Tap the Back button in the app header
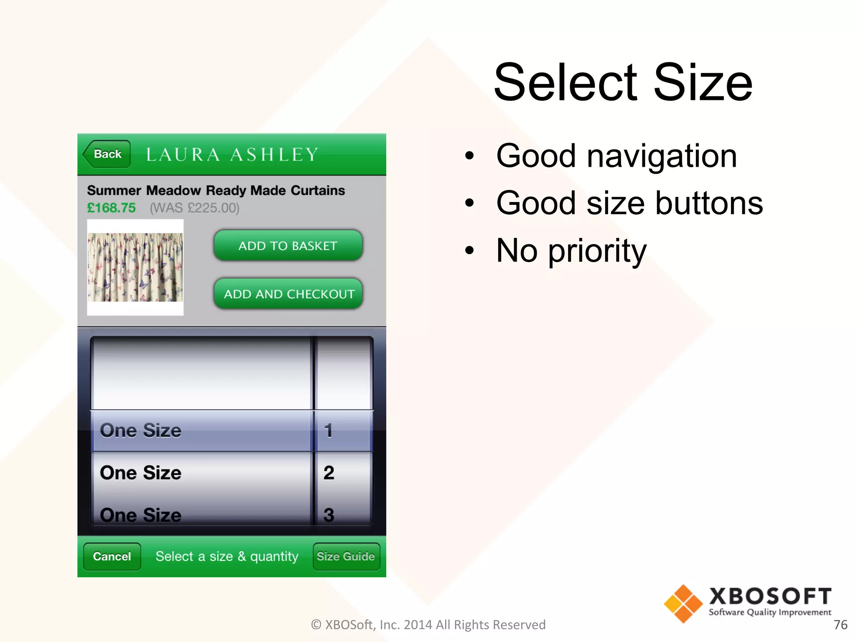107,154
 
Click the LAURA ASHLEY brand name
232,155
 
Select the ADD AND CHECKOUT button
288,294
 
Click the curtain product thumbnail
135,267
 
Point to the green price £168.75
111,208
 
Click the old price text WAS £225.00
195,208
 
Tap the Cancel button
112,556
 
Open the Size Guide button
346,556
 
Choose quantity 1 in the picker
329,431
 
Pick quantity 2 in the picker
329,473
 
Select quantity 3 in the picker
329,515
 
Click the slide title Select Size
623,82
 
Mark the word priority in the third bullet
597,251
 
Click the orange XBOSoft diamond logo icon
683,604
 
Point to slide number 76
840,625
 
